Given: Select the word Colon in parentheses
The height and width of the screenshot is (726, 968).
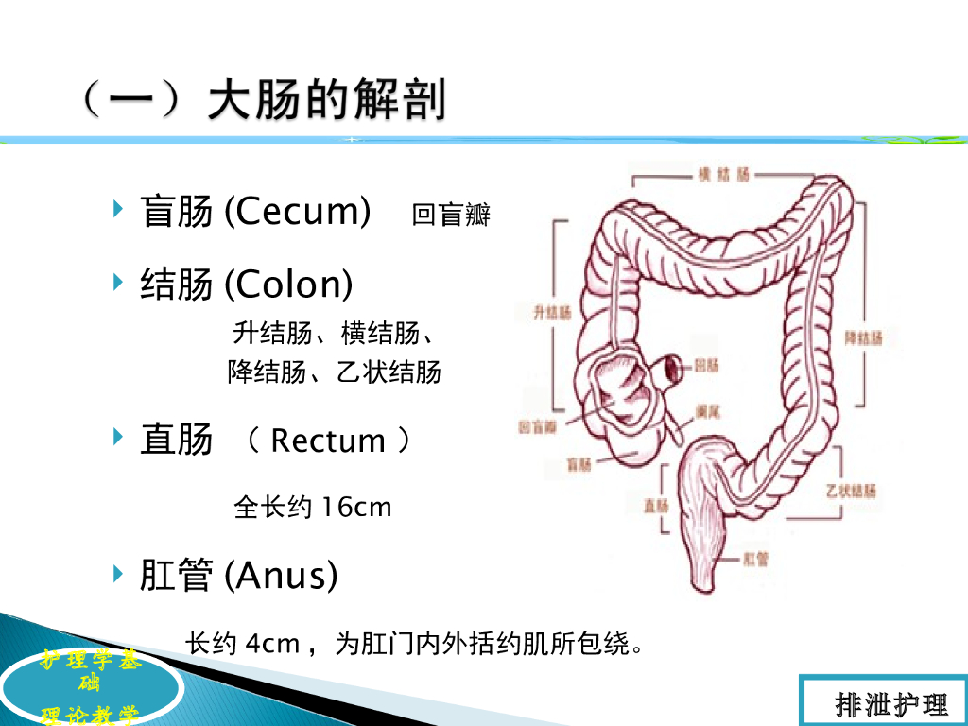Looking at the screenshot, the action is tap(289, 284).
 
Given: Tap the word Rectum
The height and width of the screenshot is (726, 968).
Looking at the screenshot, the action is tap(328, 441).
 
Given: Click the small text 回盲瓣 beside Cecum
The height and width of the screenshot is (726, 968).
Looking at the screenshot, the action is tap(451, 216).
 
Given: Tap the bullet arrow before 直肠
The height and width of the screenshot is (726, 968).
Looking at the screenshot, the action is tap(118, 437).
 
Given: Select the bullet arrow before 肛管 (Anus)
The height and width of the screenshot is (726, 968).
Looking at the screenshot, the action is tap(118, 571).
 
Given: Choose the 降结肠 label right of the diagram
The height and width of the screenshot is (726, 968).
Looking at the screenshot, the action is tap(863, 337).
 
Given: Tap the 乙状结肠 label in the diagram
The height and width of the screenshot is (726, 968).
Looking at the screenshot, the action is tap(850, 491).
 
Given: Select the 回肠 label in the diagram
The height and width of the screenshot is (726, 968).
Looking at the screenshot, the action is tap(707, 365).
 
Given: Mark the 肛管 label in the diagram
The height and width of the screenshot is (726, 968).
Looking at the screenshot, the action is tap(756, 559).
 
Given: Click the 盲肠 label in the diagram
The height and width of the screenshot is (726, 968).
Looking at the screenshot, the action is tap(579, 463).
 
